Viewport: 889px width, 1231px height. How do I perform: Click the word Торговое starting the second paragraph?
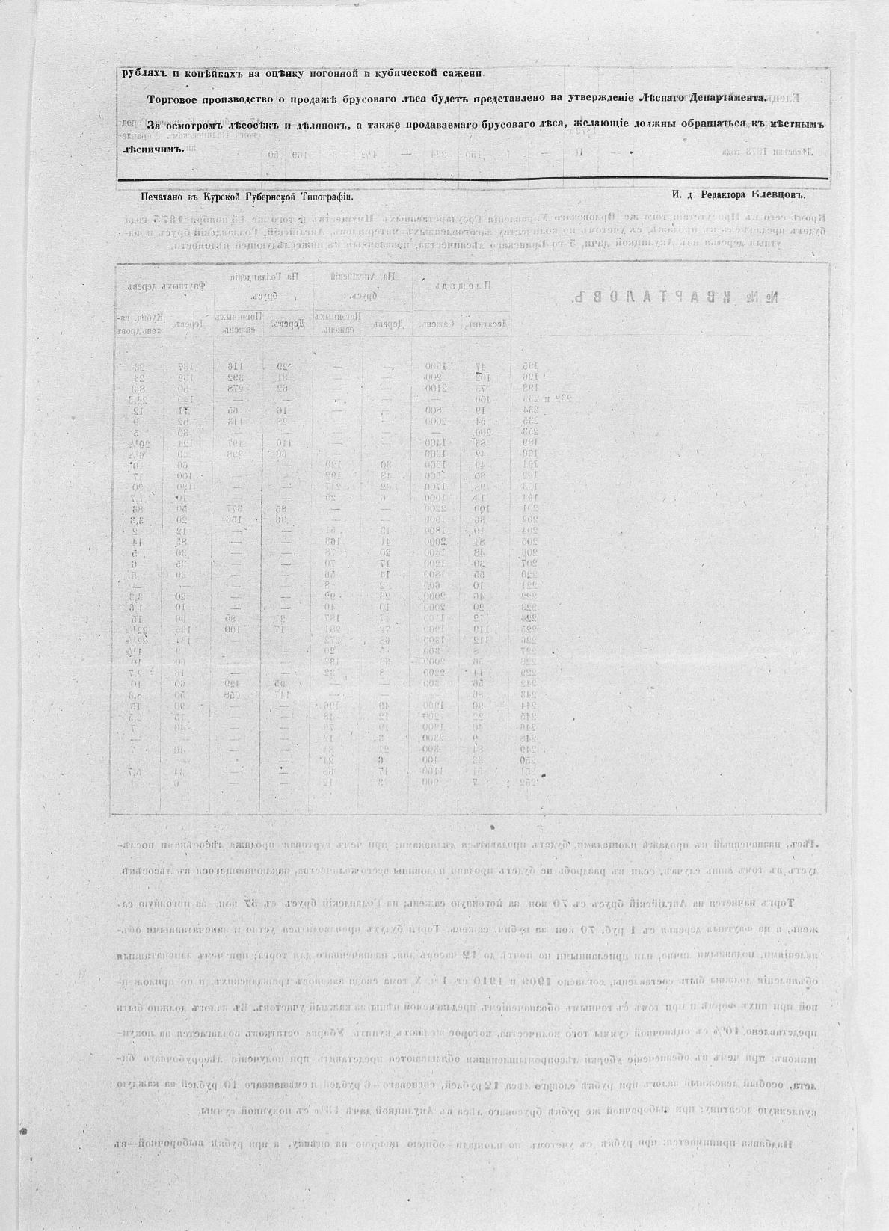[174, 98]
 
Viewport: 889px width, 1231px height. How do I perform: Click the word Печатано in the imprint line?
[163, 196]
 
